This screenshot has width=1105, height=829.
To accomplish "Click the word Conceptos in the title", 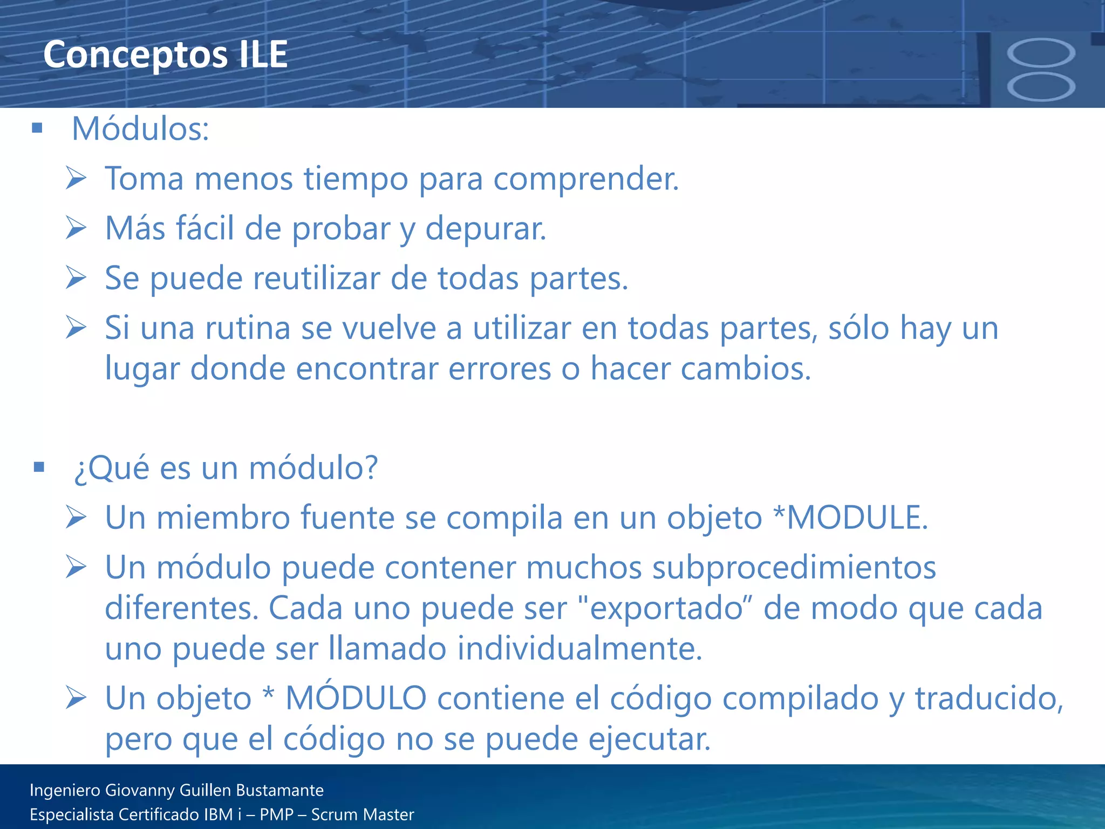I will [x=135, y=55].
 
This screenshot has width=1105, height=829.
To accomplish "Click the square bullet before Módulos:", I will [x=37, y=128].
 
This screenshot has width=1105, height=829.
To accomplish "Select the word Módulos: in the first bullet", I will [x=140, y=130].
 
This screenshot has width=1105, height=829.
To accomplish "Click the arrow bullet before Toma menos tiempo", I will [x=76, y=178].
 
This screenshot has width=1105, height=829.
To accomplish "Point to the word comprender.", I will [x=586, y=179].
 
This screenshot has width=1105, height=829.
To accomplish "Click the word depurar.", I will [x=486, y=229].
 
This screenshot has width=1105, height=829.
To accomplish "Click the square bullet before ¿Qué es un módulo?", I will [x=38, y=467].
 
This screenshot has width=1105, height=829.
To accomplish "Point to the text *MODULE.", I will [x=850, y=518].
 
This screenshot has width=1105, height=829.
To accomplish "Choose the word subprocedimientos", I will [x=794, y=568].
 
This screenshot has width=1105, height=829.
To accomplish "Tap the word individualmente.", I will [x=580, y=649].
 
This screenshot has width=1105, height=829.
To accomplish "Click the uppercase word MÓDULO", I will [x=356, y=698].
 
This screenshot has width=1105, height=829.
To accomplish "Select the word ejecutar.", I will [x=650, y=739].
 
